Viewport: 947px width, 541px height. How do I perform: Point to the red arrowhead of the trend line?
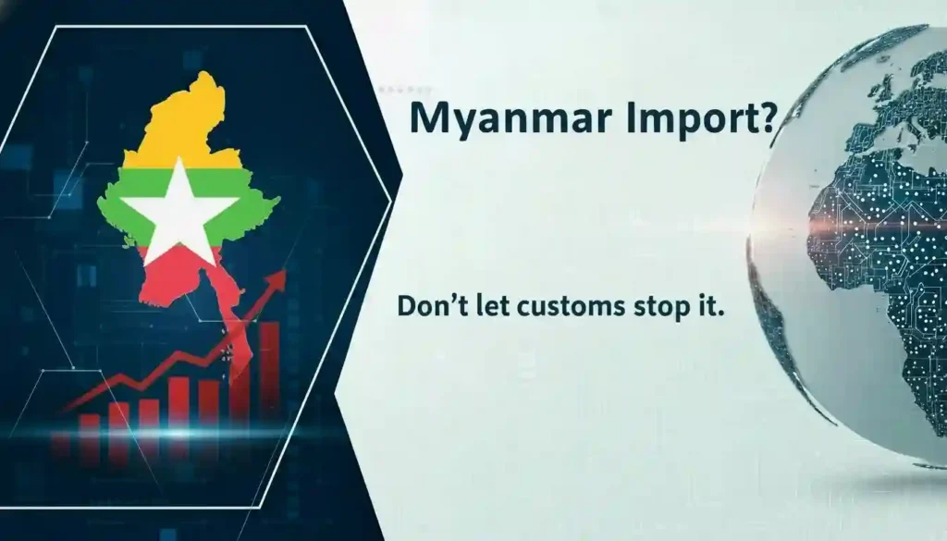[x=277, y=280]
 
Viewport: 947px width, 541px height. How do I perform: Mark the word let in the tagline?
[x=484, y=306]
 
